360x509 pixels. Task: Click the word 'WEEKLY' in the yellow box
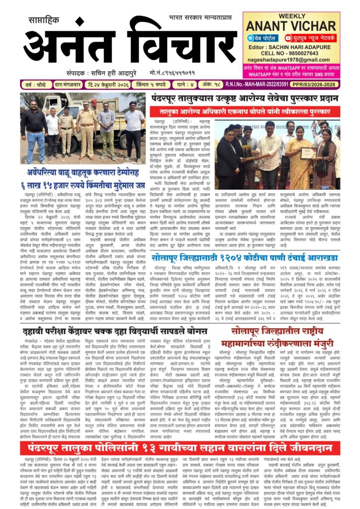(x=298, y=17)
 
